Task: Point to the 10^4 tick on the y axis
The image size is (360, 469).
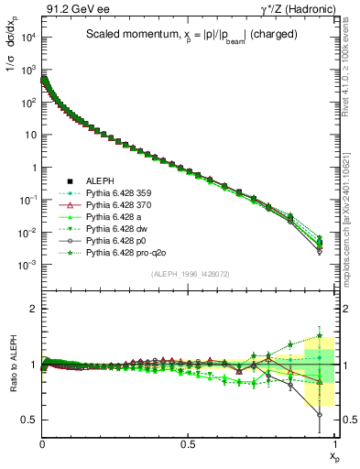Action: pyautogui.click(x=27, y=37)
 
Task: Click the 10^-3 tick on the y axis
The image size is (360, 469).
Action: pyautogui.click(x=27, y=264)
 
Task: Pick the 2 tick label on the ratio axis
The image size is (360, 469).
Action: pyautogui.click(x=33, y=309)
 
